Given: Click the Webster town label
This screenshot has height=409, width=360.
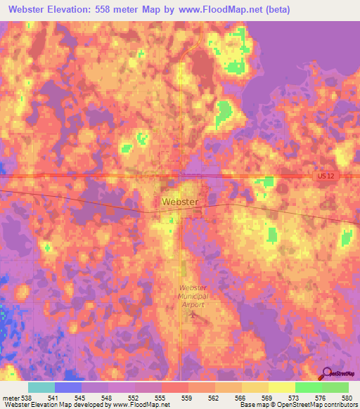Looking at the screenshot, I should pos(181,201).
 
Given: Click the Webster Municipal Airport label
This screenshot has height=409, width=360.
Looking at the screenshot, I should pos(194,297).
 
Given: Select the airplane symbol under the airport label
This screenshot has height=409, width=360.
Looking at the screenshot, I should pos(194,314).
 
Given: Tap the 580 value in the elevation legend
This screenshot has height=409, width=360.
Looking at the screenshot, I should pos(347,397).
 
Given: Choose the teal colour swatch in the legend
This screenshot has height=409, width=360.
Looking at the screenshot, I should pos(41,387).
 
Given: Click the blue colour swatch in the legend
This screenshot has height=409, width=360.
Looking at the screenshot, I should pos(68,387).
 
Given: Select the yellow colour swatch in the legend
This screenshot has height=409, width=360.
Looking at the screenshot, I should pos(282,387).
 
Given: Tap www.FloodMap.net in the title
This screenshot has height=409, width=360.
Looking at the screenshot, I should pos(214,11).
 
